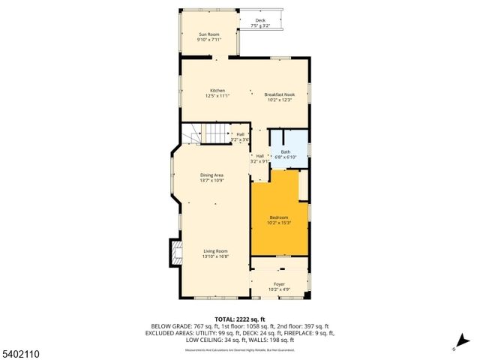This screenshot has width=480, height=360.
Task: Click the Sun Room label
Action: click(209, 34)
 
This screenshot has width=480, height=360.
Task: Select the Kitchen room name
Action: click(217, 91)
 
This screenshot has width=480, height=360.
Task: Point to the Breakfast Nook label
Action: click(279, 94)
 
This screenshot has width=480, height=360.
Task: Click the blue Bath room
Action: click(288, 150)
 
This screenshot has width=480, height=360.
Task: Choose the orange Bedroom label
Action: click(279, 217)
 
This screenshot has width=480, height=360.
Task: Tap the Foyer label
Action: click(279, 284)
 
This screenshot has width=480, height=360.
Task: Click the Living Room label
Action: click(214, 251)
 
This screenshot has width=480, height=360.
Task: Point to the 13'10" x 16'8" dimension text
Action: click(214, 256)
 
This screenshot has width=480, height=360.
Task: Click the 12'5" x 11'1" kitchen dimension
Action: click(217, 96)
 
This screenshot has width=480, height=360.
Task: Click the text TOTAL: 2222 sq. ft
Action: click(240, 319)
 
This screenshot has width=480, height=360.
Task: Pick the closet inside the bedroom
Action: click(303, 186)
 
